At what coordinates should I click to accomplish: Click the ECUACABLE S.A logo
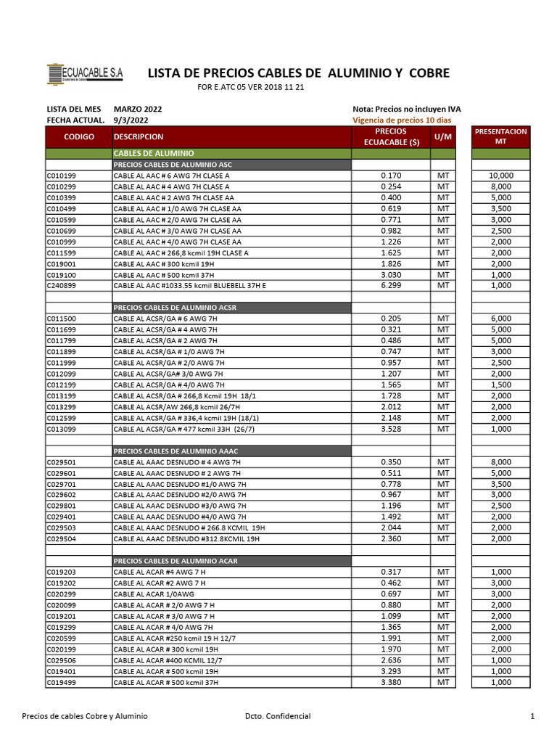[x=85, y=74]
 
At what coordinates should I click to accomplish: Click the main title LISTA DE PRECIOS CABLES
[x=298, y=73]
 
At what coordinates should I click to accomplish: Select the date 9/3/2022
[x=131, y=120]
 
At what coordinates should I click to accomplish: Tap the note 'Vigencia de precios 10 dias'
[x=401, y=120]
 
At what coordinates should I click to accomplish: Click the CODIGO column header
[x=79, y=136]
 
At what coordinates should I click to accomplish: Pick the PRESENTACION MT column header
[x=500, y=136]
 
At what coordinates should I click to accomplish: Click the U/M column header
[x=442, y=136]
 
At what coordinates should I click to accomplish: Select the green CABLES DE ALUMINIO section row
[x=232, y=154]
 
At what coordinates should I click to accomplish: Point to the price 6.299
[x=391, y=286]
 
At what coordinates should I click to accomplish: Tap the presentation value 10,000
[x=500, y=176]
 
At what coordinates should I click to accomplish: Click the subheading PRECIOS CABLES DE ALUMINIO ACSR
[x=175, y=308]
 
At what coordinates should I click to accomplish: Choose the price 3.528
[x=391, y=429]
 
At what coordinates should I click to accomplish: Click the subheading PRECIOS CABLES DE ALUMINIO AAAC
[x=175, y=451]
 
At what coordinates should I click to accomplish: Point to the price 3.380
[x=391, y=682]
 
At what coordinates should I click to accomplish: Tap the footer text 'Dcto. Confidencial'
[x=278, y=716]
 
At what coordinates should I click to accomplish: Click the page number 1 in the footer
[x=532, y=716]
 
